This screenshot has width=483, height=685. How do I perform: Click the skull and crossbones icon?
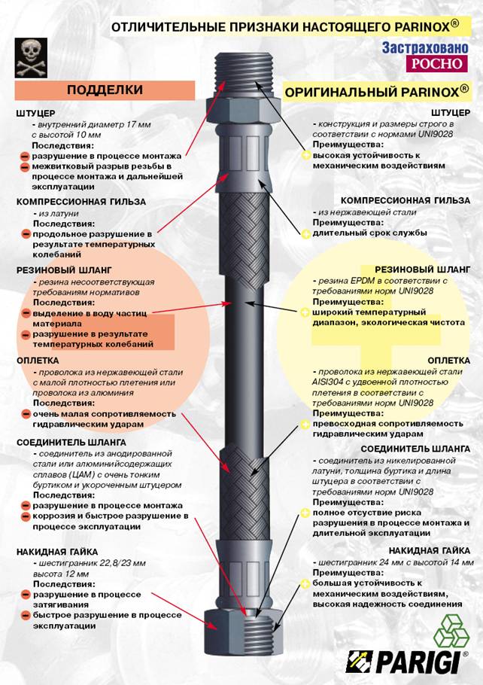(31, 58)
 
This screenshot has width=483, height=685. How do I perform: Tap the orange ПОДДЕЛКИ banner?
(105, 90)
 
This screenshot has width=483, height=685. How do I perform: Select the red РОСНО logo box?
(436, 64)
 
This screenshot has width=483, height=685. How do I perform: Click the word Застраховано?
(425, 47)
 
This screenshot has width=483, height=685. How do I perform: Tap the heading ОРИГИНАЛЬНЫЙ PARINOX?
(376, 92)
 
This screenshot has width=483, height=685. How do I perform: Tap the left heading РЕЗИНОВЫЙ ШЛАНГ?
(64, 270)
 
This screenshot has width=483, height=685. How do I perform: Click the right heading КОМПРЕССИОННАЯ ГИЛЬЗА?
(406, 200)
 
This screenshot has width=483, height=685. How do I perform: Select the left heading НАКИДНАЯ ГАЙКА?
(57, 552)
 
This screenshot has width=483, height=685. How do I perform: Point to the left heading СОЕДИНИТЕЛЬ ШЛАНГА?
(71, 442)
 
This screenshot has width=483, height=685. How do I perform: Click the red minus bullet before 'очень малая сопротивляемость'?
(26, 414)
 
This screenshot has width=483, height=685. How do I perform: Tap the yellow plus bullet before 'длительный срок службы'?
(306, 233)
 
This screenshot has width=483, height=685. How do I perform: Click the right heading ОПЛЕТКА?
(448, 361)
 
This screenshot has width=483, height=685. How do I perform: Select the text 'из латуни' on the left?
(59, 214)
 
